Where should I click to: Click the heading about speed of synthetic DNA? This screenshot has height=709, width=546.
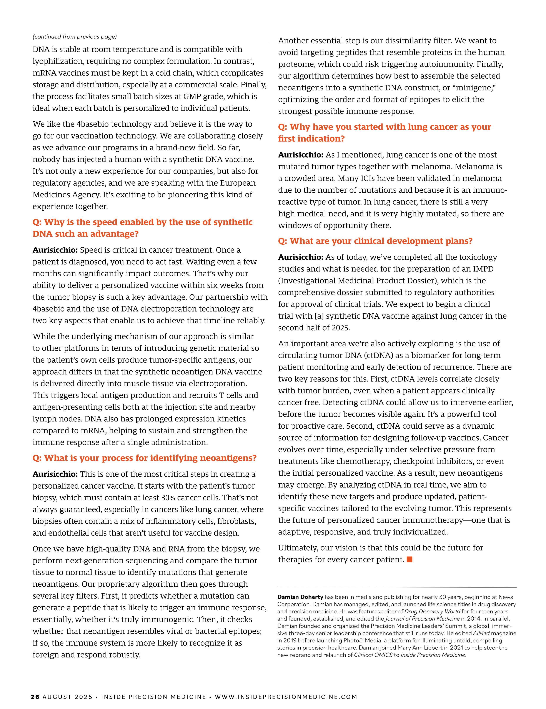tap(143, 228)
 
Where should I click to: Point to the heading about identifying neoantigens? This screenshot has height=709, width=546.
tap(145, 458)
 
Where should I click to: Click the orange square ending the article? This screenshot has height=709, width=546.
tap(409, 559)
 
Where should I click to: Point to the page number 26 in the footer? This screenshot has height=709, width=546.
tap(35, 697)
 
